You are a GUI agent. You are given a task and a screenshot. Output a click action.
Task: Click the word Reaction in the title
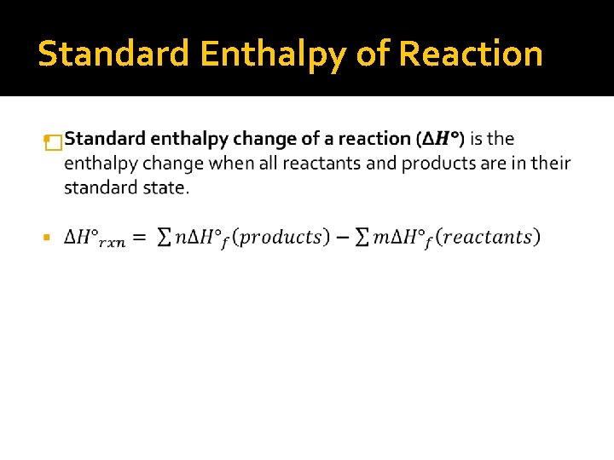click(470, 53)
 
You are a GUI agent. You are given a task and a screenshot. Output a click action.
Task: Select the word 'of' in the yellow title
click(372, 53)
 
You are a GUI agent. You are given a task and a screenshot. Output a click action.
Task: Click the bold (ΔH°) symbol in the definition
click(439, 139)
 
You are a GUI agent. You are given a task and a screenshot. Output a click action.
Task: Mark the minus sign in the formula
click(341, 238)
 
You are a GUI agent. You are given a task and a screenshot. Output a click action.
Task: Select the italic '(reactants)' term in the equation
click(488, 237)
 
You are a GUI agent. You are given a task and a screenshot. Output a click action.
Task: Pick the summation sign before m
click(362, 238)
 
